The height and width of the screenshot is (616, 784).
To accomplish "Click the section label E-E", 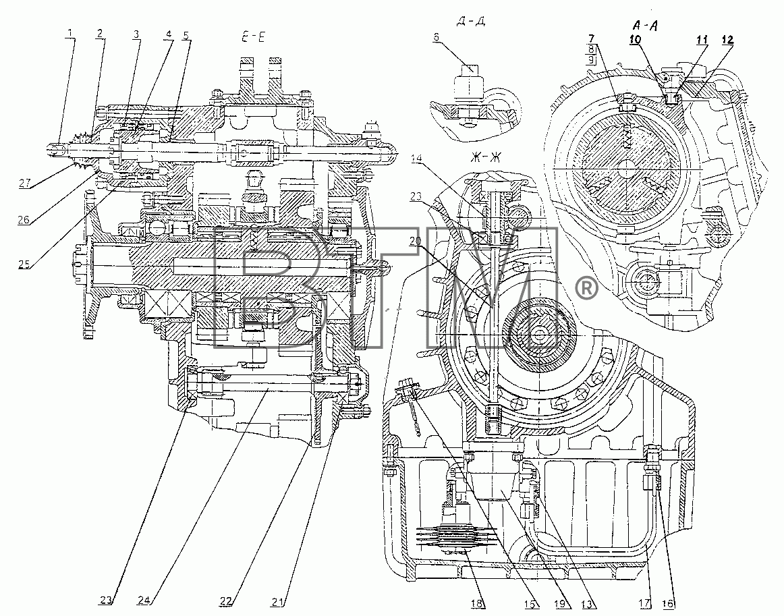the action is coord(254,37).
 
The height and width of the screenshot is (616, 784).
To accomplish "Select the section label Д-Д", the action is coord(471,22).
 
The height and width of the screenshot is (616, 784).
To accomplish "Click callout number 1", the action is coord(70,33).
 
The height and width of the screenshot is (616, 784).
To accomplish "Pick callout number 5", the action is coord(186,36).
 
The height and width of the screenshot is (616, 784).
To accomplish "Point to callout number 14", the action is coord(416,159).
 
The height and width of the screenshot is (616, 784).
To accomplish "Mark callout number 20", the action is coord(415,241).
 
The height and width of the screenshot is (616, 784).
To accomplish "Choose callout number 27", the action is coord(25,183).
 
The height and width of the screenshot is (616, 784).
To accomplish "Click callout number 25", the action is coord(24,264).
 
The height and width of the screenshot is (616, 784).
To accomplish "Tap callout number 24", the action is coord(144,600).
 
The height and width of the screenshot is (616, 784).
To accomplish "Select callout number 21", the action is coord(278,602).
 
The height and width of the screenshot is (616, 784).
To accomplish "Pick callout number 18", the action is coord(477,603).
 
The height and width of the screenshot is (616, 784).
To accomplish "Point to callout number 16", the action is coord(668,603).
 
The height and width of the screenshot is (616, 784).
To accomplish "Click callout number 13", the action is coord(588,603).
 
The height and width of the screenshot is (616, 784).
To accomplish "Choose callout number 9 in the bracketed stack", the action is coord(591,59).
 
